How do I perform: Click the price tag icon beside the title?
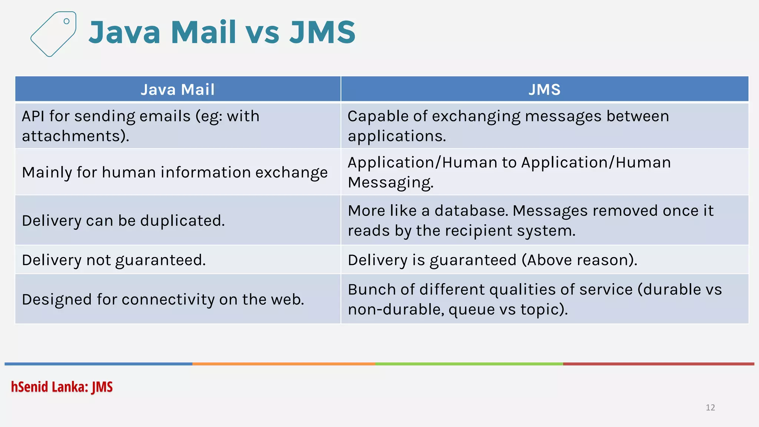(53, 34)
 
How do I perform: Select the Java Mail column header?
(178, 89)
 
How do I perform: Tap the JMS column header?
(544, 89)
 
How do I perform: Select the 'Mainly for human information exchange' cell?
(175, 172)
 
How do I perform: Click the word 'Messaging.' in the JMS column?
(390, 182)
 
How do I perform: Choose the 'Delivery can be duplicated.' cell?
(123, 221)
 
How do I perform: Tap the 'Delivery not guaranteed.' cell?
(114, 260)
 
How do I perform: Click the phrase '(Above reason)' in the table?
(579, 260)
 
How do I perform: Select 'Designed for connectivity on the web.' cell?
(163, 299)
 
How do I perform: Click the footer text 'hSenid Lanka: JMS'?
(62, 387)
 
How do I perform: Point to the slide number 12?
(710, 407)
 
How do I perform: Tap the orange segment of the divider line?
(284, 364)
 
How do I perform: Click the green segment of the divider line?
(469, 364)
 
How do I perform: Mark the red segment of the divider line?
(658, 364)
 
